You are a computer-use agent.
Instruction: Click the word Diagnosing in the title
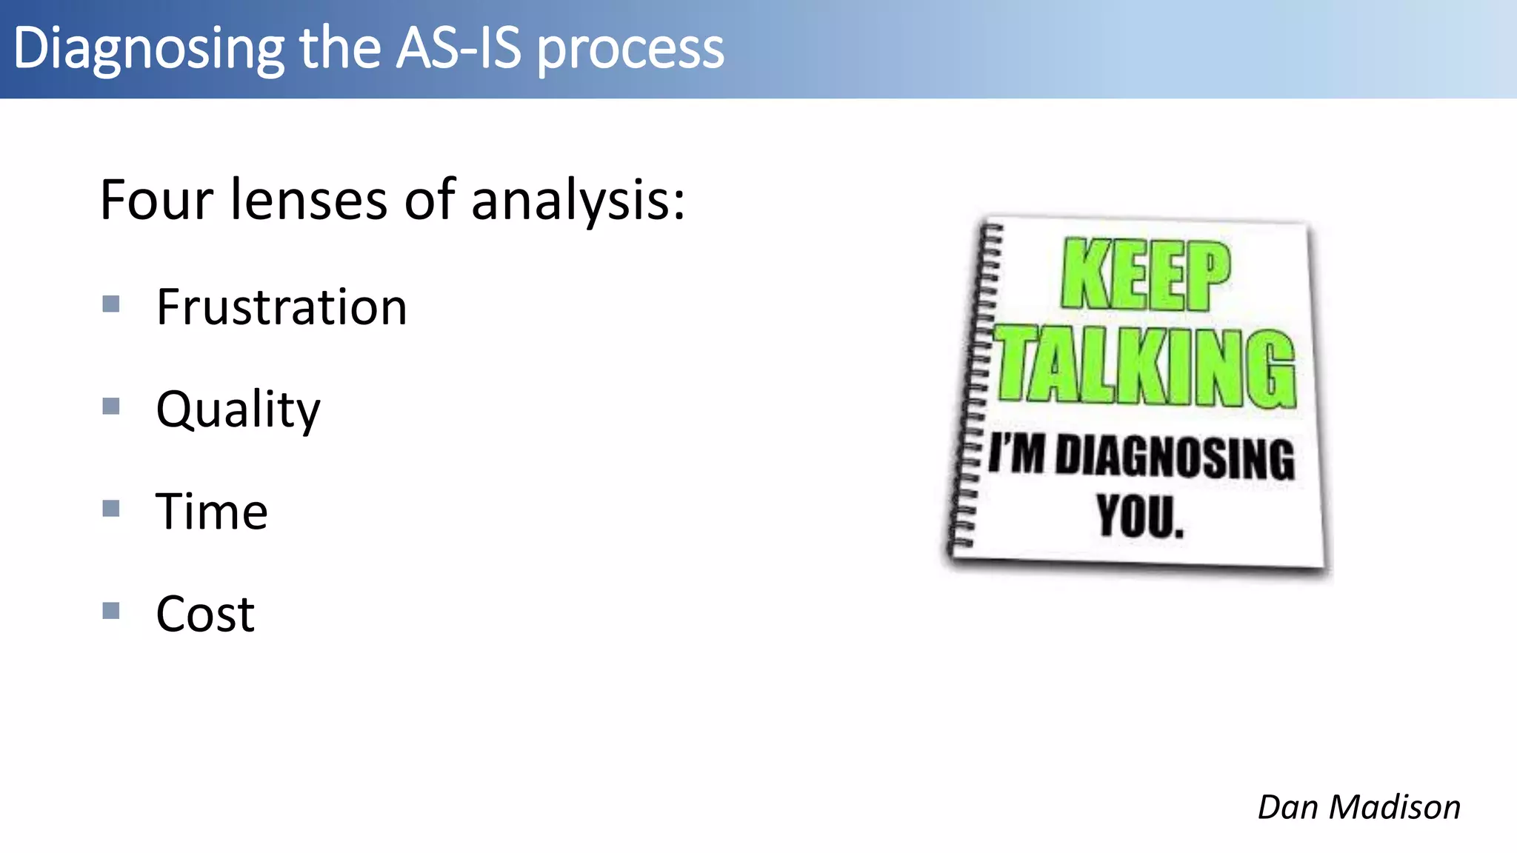coord(148,49)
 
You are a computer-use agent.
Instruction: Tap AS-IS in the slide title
coord(459,49)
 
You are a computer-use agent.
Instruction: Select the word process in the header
coord(630,50)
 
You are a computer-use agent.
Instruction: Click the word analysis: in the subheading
coord(578,201)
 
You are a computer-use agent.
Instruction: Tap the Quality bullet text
coord(238,409)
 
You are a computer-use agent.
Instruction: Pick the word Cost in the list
coord(205,614)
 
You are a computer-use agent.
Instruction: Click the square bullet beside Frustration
coord(111,304)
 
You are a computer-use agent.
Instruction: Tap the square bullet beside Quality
coord(111,406)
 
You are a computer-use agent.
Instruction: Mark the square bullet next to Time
coord(111,508)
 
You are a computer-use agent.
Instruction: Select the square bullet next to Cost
coord(111,610)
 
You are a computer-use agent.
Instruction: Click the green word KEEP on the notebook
coord(1145,275)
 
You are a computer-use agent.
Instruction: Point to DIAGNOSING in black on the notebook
coord(1175,457)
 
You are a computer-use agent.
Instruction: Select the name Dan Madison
coord(1358,806)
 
